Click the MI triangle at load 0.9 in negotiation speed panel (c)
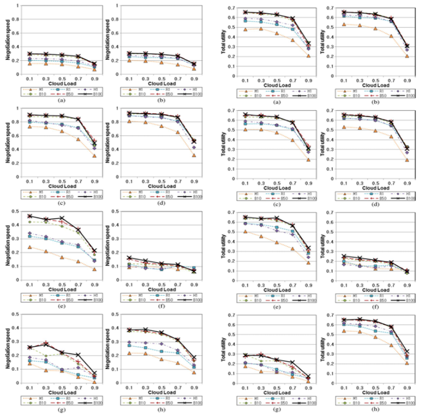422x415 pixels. pos(94,156)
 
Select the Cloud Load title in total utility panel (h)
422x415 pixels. pos(376,392)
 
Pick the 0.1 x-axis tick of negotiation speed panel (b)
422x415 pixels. pos(129,79)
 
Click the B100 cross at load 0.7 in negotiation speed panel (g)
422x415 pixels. pos(78,355)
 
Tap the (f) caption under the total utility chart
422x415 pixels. pos(375,307)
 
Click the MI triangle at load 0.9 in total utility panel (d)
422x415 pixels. pos(407,160)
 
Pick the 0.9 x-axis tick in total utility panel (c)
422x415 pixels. pos(308,183)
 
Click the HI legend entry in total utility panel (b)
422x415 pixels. pos(405,91)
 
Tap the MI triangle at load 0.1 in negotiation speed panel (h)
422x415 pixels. pos(129,353)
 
